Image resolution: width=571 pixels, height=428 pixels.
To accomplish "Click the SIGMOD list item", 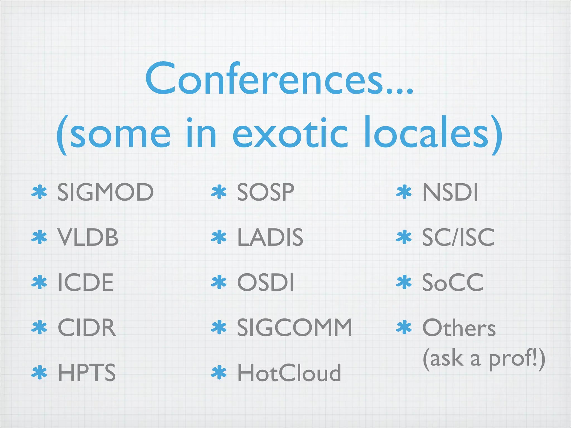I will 105,192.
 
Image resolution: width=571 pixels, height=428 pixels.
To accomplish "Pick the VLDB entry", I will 88,237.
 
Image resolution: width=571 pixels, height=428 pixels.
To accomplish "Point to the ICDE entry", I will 86,283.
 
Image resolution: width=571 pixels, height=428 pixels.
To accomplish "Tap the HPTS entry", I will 86,373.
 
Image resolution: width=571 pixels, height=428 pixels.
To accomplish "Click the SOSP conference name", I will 265,192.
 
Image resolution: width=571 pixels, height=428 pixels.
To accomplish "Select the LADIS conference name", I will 270,237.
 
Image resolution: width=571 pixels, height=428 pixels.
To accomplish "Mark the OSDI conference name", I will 265,283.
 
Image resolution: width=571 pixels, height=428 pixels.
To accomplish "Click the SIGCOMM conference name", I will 294,328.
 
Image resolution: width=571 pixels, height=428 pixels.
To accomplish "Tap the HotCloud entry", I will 289,373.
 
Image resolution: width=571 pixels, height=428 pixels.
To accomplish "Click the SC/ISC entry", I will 458,237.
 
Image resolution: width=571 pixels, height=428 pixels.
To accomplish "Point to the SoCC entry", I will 453,283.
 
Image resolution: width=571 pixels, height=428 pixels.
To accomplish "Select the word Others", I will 459,328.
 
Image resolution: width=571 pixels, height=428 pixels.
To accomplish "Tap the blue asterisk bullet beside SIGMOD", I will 39,192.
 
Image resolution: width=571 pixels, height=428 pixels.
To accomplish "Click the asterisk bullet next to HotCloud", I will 219,373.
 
